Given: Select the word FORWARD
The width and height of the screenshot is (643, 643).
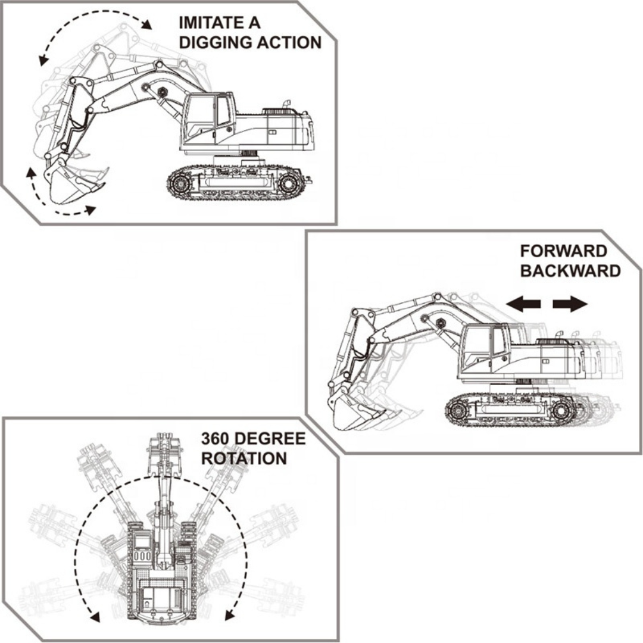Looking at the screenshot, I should tap(563, 251).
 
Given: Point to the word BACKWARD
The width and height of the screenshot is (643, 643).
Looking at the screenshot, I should tap(570, 271).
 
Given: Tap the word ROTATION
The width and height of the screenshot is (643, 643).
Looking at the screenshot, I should tap(244, 459).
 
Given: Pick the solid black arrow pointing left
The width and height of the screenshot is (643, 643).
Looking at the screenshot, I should tap(523, 305).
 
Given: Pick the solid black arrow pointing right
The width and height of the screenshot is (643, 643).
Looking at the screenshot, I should tap(570, 305).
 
